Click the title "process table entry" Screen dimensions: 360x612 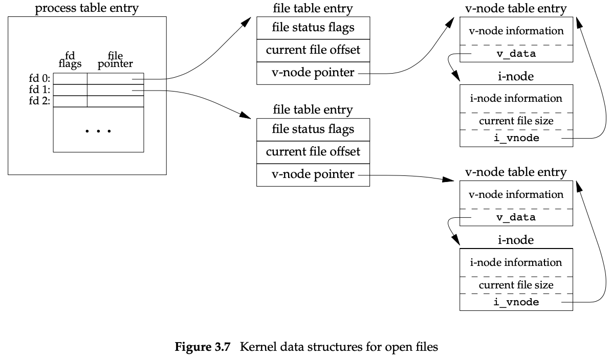(x=87, y=8)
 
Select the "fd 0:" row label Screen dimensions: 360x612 (x=40, y=79)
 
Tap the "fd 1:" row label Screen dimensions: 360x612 (x=40, y=90)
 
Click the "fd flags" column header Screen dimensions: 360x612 (x=70, y=60)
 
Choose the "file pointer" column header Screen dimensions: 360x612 (x=115, y=60)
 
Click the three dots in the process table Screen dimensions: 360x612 (x=98, y=131)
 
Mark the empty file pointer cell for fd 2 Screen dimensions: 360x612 (x=115, y=101)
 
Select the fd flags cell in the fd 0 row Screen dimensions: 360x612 (x=70, y=79)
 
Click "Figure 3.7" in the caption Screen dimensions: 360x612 (x=193, y=347)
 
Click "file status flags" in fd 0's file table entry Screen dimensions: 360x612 (x=313, y=27)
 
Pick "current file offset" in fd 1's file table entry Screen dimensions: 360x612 (x=313, y=152)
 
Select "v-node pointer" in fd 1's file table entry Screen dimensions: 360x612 (x=313, y=174)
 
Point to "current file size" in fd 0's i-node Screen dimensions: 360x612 (x=516, y=121)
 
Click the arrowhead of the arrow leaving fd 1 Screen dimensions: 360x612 (x=246, y=116)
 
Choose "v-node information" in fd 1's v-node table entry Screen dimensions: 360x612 (x=516, y=194)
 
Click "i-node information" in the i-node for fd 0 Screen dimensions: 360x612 (x=516, y=98)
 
